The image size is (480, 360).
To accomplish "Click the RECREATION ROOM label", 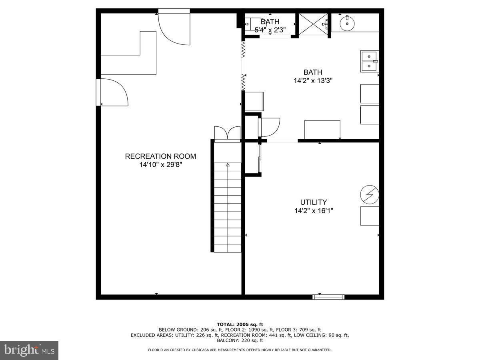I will click(x=160, y=156).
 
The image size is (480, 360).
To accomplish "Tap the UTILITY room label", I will click(x=314, y=202).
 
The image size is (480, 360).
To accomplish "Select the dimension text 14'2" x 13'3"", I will click(x=313, y=80).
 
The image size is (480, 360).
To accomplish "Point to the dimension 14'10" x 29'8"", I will click(x=160, y=164).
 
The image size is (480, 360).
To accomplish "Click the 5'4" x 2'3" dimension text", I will click(x=270, y=29).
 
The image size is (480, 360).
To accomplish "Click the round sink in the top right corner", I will click(x=347, y=23).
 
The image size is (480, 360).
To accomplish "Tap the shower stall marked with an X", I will click(x=313, y=24).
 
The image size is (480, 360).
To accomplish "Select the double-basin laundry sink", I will click(x=369, y=61).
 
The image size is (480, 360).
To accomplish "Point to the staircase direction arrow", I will click(x=228, y=164).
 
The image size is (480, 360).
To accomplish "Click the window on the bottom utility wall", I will click(x=328, y=296).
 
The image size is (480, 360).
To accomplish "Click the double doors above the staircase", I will click(x=227, y=133).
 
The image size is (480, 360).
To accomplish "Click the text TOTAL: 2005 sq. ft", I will click(x=240, y=324).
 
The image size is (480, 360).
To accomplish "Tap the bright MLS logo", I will click(x=29, y=350).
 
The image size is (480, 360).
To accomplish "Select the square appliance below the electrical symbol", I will click(x=369, y=216).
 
